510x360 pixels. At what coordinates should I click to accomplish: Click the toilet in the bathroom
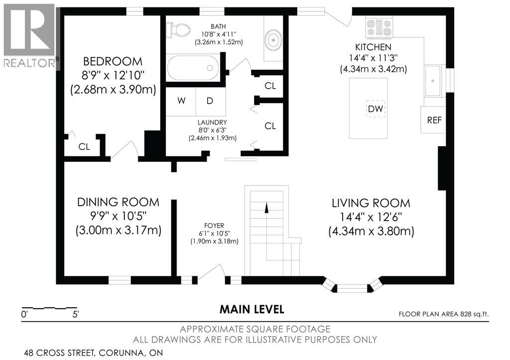tap(180, 29)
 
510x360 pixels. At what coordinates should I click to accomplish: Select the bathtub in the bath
tap(193, 68)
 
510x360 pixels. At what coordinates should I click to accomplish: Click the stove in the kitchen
tap(380, 27)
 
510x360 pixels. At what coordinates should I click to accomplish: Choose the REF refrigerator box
tap(433, 120)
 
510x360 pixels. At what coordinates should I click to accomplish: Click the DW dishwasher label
tap(376, 109)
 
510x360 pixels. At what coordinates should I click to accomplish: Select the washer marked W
tap(181, 101)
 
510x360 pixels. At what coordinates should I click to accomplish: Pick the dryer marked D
tap(210, 101)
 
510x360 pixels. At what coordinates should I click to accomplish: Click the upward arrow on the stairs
tap(266, 208)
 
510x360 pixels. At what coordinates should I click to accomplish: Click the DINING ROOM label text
tap(118, 202)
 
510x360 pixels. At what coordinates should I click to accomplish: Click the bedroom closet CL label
tap(84, 147)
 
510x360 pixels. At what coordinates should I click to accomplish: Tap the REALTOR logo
tap(29, 35)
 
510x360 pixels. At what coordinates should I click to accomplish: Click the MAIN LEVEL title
tap(252, 309)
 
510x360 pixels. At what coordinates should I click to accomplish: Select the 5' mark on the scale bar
tap(76, 315)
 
